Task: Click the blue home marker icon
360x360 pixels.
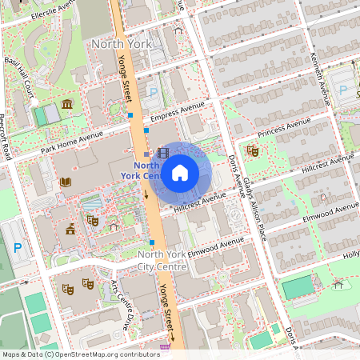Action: click(x=179, y=172)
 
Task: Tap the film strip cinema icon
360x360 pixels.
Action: click(x=163, y=153)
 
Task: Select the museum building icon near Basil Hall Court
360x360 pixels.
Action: click(x=66, y=106)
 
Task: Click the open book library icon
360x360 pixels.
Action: click(x=66, y=182)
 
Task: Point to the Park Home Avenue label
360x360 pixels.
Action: click(x=72, y=143)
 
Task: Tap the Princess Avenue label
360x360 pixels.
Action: click(x=284, y=126)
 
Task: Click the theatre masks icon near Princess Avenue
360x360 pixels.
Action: click(x=253, y=150)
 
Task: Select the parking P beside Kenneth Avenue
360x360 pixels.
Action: click(x=344, y=91)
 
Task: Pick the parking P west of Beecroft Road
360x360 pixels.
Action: click(x=18, y=247)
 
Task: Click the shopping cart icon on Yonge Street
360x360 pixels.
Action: click(x=166, y=346)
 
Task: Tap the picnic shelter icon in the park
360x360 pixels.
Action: click(x=338, y=283)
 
